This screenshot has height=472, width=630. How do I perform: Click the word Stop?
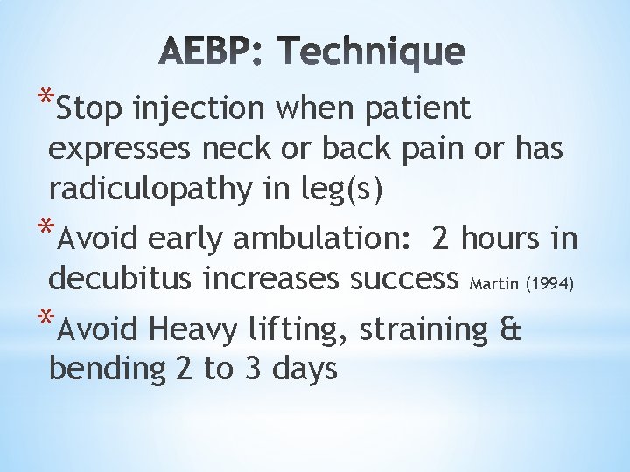pyautogui.click(x=90, y=110)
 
